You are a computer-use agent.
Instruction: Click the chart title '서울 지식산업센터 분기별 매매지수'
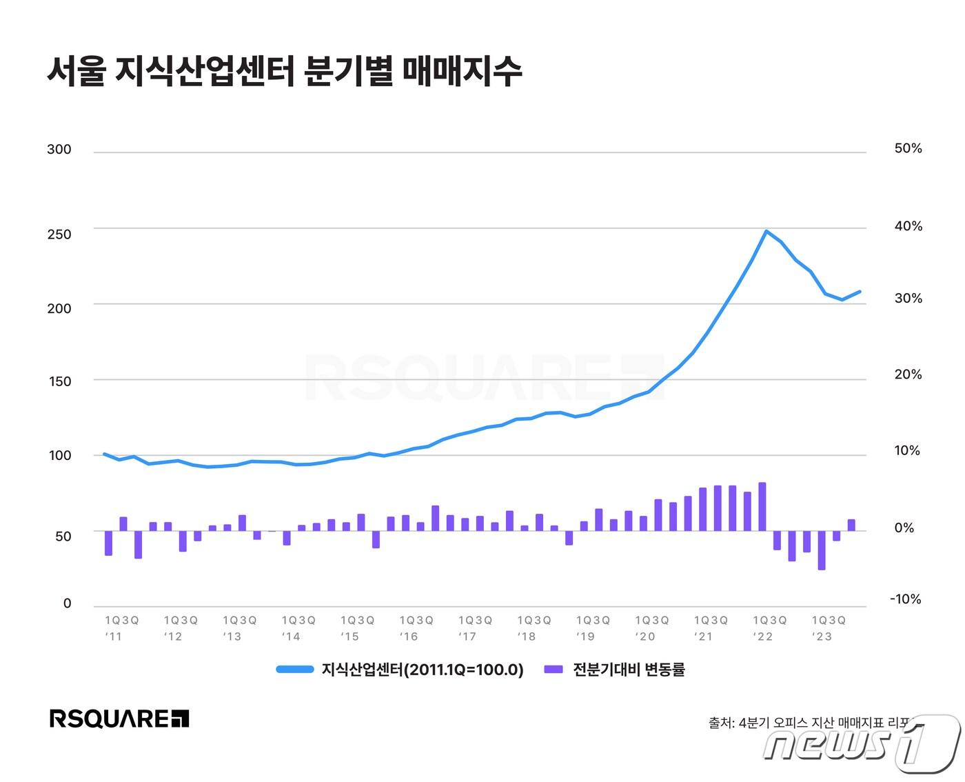click(284, 71)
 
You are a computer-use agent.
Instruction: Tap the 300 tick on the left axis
click(59, 150)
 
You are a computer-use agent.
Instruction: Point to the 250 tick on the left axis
click(59, 234)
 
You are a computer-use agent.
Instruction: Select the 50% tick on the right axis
click(908, 148)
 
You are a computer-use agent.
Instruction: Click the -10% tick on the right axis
click(905, 599)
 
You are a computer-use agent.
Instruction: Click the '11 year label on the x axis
click(114, 636)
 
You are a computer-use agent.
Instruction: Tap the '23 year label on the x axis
click(822, 636)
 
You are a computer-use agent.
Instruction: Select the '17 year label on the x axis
click(467, 636)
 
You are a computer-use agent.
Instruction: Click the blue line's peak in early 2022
click(766, 231)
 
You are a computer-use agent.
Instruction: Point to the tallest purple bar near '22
click(762, 506)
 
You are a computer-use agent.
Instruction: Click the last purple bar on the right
click(851, 525)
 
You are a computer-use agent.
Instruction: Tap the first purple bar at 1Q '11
click(108, 543)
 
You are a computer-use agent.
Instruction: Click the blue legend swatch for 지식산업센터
click(295, 670)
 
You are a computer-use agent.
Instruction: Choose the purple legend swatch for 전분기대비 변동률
click(553, 670)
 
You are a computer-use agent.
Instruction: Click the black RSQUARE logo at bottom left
click(119, 719)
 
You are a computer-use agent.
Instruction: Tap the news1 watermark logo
click(862, 744)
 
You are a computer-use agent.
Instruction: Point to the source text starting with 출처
click(813, 723)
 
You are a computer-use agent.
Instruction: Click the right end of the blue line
click(860, 292)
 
